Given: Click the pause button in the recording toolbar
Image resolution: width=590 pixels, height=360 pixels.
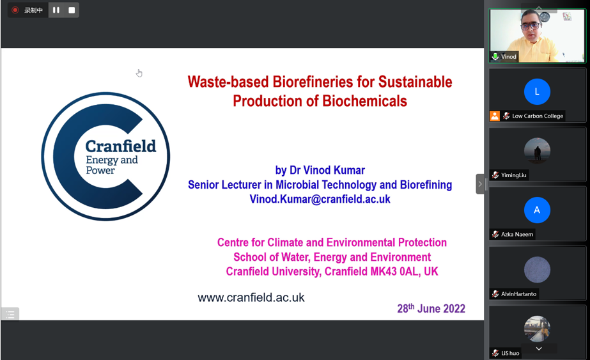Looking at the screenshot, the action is click(x=56, y=10).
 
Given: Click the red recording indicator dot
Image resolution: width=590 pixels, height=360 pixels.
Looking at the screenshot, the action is click(x=15, y=10).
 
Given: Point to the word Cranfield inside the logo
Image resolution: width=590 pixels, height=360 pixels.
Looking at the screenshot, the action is click(x=120, y=146).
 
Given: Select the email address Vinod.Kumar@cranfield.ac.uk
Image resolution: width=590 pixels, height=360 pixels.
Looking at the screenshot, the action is click(x=320, y=199).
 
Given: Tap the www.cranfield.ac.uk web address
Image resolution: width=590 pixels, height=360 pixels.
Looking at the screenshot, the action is click(x=251, y=297).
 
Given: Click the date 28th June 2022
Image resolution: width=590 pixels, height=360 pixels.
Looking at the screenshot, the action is click(x=431, y=308).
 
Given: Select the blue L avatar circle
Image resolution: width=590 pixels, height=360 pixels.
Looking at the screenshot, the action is click(x=537, y=91).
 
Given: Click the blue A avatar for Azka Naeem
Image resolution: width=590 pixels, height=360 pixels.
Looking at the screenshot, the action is click(x=537, y=210).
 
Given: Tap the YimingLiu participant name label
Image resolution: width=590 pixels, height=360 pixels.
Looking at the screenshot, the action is click(x=513, y=175).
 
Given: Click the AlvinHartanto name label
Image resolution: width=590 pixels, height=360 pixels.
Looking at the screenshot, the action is click(x=518, y=293).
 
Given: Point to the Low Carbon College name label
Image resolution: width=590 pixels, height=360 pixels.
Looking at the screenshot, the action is click(x=538, y=116).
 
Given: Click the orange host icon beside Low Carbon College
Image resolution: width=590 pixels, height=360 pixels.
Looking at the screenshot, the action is click(x=494, y=116).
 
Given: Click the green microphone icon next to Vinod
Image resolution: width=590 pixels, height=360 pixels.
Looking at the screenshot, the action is click(x=495, y=56).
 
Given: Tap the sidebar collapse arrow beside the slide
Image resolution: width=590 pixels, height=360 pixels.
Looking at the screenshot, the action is click(x=480, y=184).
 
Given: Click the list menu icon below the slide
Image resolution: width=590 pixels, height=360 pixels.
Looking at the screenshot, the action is click(x=10, y=314).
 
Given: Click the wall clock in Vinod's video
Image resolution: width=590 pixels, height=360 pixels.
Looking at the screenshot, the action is click(x=545, y=17).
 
